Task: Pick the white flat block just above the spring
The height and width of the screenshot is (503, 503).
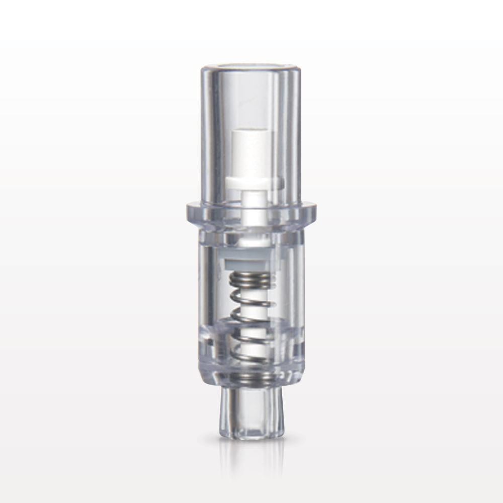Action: (249, 262)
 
